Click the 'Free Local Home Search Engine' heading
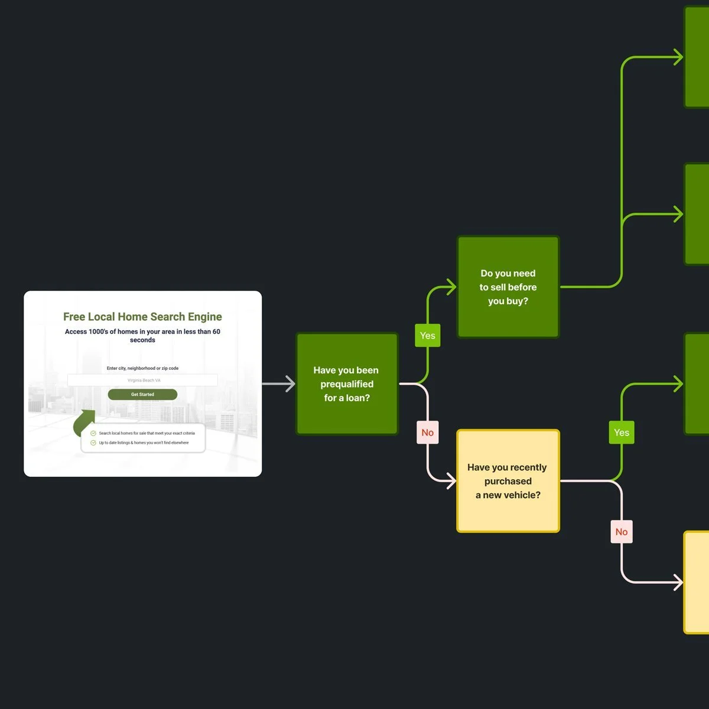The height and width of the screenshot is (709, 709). pos(142,317)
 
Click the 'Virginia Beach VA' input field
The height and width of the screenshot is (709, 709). pos(142,380)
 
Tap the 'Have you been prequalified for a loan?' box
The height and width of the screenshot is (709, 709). pos(347,384)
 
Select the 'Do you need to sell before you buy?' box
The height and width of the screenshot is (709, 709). pos(508,287)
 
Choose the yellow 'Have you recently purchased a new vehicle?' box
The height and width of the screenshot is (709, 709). pos(508,481)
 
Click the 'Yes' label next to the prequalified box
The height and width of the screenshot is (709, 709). pos(427,336)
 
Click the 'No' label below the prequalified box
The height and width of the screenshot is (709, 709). pos(427,432)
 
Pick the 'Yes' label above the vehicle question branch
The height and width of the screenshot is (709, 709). pos(621,432)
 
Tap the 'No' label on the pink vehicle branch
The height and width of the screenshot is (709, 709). pos(621,532)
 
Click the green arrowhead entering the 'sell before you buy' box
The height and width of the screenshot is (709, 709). pos(451,287)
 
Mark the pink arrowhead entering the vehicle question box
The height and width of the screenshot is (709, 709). pos(451,481)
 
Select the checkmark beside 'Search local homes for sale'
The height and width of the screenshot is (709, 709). pos(93,433)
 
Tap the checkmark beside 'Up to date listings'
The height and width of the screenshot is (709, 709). pos(93,443)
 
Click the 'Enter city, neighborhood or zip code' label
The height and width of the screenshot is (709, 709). pos(142,368)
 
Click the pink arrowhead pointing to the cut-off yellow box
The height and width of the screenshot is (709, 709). pos(678,583)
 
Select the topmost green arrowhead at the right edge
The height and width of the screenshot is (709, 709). pos(678,57)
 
